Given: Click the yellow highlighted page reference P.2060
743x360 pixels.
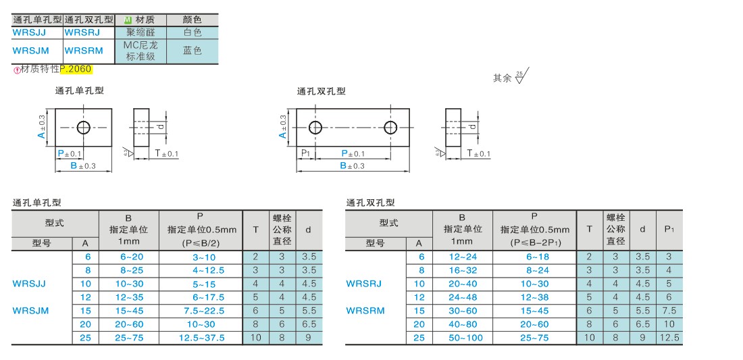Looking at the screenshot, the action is (76, 69).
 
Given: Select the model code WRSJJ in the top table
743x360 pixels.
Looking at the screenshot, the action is (29, 32).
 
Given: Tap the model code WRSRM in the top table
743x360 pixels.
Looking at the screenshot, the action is (83, 51).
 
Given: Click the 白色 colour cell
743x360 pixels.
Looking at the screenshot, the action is (192, 32).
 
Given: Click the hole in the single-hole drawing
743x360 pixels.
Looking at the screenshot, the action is (84, 128).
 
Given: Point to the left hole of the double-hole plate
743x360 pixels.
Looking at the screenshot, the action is (315, 127).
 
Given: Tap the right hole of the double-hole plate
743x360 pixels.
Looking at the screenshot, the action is (390, 127).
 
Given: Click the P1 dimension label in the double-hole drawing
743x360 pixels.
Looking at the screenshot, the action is (305, 153).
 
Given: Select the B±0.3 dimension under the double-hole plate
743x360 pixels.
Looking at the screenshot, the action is (353, 165).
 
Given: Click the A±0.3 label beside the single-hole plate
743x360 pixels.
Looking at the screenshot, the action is (42, 127).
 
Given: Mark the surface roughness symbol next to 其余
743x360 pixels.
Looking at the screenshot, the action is (521, 76).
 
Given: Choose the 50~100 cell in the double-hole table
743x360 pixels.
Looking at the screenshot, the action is (462, 338).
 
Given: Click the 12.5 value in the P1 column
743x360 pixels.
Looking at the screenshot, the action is (669, 338).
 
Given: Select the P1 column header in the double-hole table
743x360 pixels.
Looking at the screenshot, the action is (669, 230).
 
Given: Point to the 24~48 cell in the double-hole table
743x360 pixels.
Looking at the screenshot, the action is (462, 297).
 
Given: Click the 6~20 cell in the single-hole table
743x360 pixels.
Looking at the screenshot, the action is (128, 257).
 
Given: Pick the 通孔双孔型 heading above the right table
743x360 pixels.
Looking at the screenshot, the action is (370, 203).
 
